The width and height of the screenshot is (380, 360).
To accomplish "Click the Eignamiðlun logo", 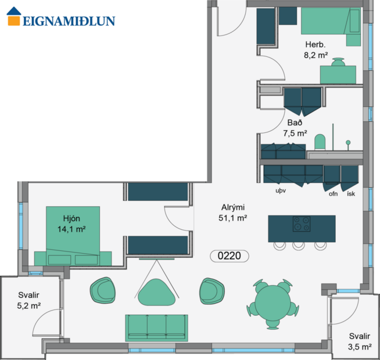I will click(x=60, y=16).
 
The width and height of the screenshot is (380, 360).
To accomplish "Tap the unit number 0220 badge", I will click(x=229, y=255).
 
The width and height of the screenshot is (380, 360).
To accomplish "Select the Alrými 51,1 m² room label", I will click(x=234, y=213).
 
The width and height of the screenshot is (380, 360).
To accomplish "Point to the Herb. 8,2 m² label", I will click(x=315, y=50).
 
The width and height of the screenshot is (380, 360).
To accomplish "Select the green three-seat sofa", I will click(x=156, y=327).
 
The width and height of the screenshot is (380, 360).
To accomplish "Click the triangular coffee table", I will click(x=156, y=292).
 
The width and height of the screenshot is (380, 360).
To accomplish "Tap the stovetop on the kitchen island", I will click(x=302, y=224).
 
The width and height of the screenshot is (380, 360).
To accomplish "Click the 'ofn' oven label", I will click(x=333, y=194).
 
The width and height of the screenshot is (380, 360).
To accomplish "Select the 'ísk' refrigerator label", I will click(x=350, y=194).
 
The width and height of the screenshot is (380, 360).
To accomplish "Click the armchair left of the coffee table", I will click(x=104, y=289).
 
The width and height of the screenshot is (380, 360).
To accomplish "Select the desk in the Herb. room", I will click(x=338, y=74).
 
